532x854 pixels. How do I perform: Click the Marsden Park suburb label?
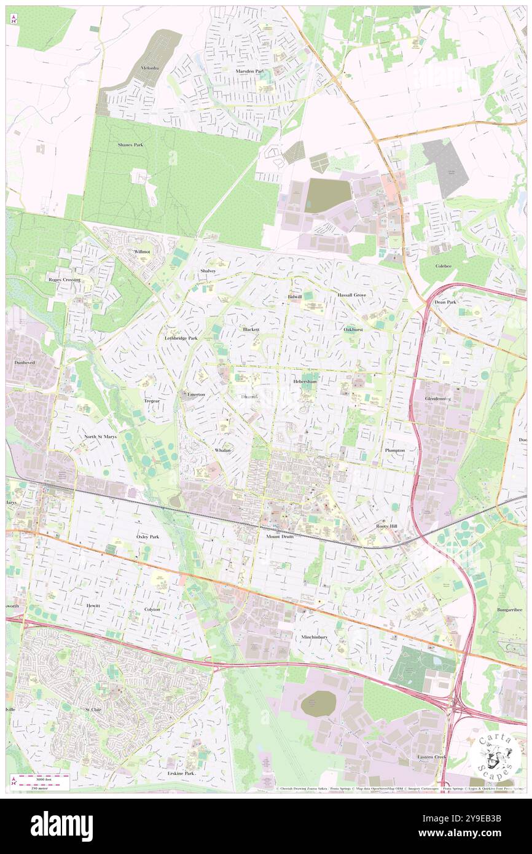[x=249, y=71]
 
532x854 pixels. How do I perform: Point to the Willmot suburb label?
[x=141, y=252]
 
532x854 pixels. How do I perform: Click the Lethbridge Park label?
[x=181, y=338]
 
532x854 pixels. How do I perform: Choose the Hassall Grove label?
[x=351, y=295]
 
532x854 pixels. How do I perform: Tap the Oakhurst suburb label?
[x=353, y=329]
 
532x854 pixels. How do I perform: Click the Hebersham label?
[x=305, y=382]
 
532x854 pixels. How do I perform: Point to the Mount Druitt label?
[x=280, y=536]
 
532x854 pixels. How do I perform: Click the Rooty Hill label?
[x=389, y=527]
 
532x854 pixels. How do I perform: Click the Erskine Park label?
[x=181, y=773]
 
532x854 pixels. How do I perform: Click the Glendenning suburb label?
[x=437, y=398]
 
